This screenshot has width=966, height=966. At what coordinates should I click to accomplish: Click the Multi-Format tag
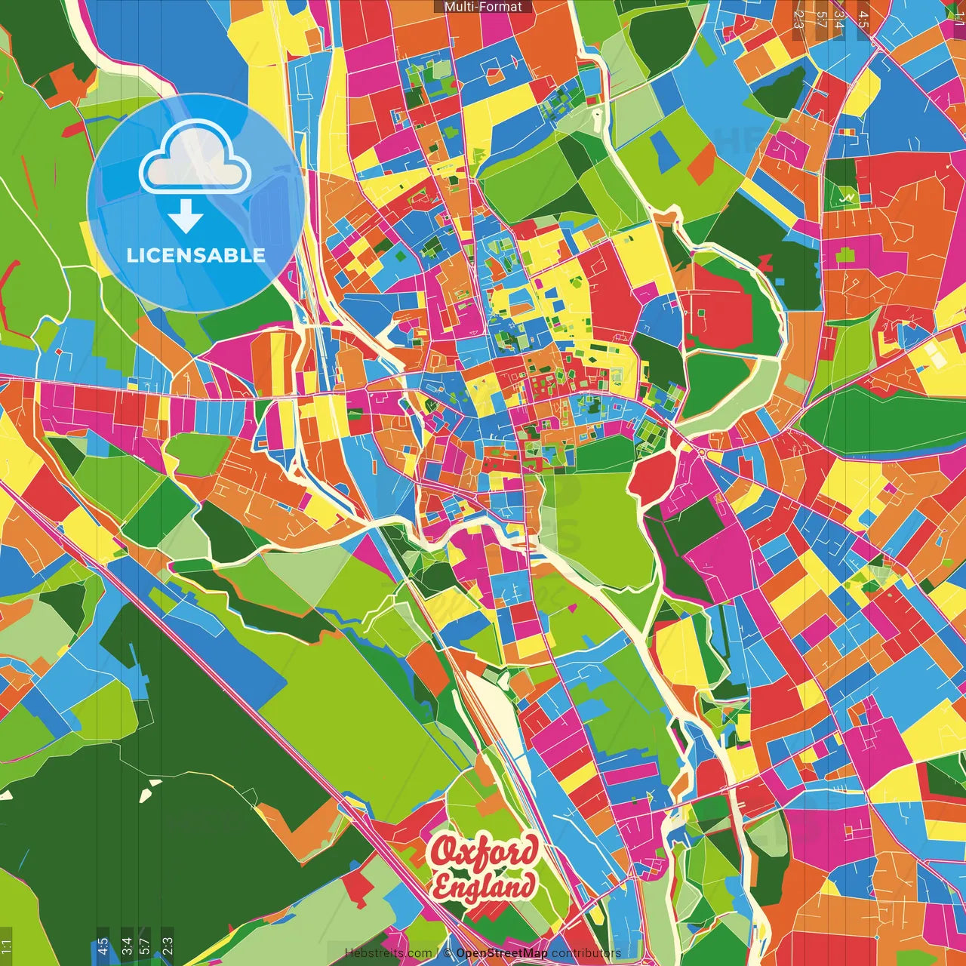pos(483,7)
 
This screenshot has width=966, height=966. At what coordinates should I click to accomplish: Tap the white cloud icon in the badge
pos(195,156)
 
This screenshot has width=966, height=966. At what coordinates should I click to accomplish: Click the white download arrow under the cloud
pos(186,217)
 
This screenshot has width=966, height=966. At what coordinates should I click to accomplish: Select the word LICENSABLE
pos(195,255)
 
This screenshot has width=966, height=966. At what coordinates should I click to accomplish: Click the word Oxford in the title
pos(485,852)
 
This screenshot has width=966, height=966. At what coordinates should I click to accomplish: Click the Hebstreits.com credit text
pos(388,953)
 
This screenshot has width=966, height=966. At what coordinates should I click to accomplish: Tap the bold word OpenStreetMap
pos(502,953)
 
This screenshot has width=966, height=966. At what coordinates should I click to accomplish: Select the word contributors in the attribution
pos(586,953)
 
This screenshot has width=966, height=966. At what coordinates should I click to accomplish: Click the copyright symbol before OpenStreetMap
pos(448,953)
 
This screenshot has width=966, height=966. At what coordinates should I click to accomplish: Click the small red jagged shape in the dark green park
pos(765,262)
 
